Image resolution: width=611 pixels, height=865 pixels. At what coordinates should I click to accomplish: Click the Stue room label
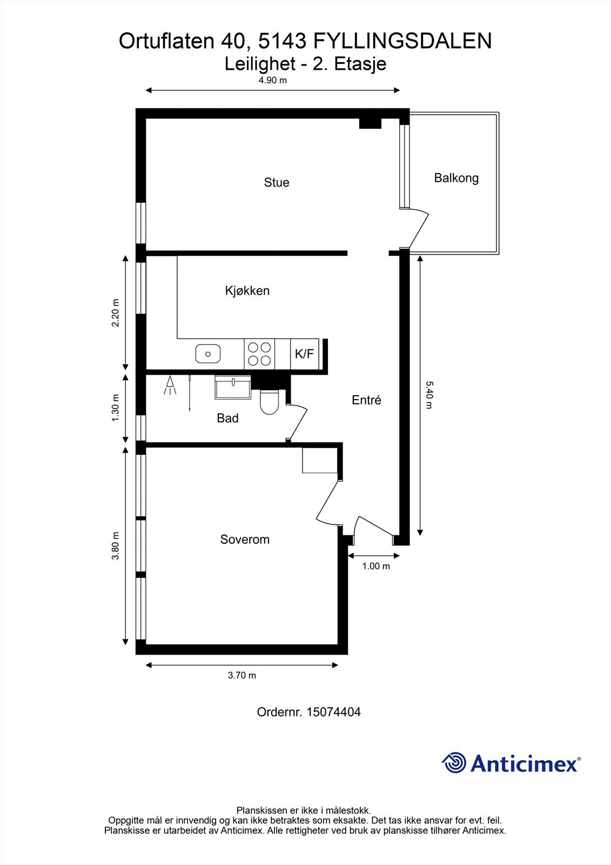click(x=276, y=183)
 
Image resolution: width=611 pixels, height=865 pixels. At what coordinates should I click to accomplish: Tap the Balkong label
click(x=456, y=178)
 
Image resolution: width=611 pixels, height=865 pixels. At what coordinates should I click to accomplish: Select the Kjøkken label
click(x=247, y=291)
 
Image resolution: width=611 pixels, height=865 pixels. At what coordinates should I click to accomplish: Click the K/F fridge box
click(x=304, y=354)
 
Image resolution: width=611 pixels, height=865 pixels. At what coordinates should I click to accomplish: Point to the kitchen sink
click(x=207, y=354)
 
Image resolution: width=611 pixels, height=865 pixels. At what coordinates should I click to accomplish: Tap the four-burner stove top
click(x=259, y=354)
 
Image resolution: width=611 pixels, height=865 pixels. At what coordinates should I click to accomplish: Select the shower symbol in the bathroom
click(x=171, y=386)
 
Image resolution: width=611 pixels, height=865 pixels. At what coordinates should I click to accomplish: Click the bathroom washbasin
click(x=233, y=387)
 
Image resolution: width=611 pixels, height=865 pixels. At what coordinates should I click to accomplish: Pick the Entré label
click(x=366, y=400)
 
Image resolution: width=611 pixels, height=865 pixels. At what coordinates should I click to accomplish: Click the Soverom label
click(x=245, y=540)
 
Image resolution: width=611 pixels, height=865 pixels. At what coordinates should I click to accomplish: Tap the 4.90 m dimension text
click(x=272, y=81)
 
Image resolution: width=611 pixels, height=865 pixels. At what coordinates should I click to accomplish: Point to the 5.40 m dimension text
click(x=429, y=395)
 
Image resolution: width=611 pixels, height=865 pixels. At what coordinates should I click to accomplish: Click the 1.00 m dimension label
click(x=375, y=567)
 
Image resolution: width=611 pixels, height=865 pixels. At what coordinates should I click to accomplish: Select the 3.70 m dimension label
click(x=241, y=675)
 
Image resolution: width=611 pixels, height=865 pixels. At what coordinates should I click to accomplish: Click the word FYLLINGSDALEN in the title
click(x=402, y=41)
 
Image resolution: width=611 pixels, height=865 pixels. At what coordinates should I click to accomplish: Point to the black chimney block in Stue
click(x=370, y=124)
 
